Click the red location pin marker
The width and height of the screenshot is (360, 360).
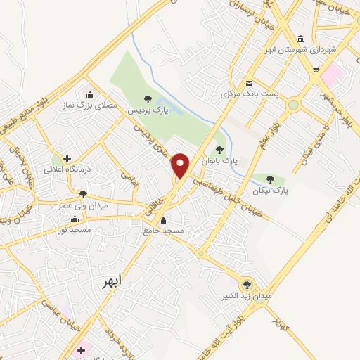click(x=181, y=165)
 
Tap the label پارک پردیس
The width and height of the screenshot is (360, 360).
click(x=146, y=111)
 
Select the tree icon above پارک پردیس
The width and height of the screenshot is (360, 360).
click(x=147, y=101)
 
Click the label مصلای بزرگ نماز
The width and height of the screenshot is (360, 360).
click(x=90, y=105)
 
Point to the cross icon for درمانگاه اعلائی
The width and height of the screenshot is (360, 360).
click(x=67, y=159)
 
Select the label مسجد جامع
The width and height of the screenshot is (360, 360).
click(x=163, y=231)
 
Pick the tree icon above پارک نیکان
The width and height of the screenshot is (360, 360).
click(x=271, y=179)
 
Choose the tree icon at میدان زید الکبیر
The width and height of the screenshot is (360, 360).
click(x=246, y=284)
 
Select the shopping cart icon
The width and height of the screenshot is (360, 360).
click(x=316, y=70)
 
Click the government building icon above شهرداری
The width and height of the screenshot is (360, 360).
click(x=301, y=39)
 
